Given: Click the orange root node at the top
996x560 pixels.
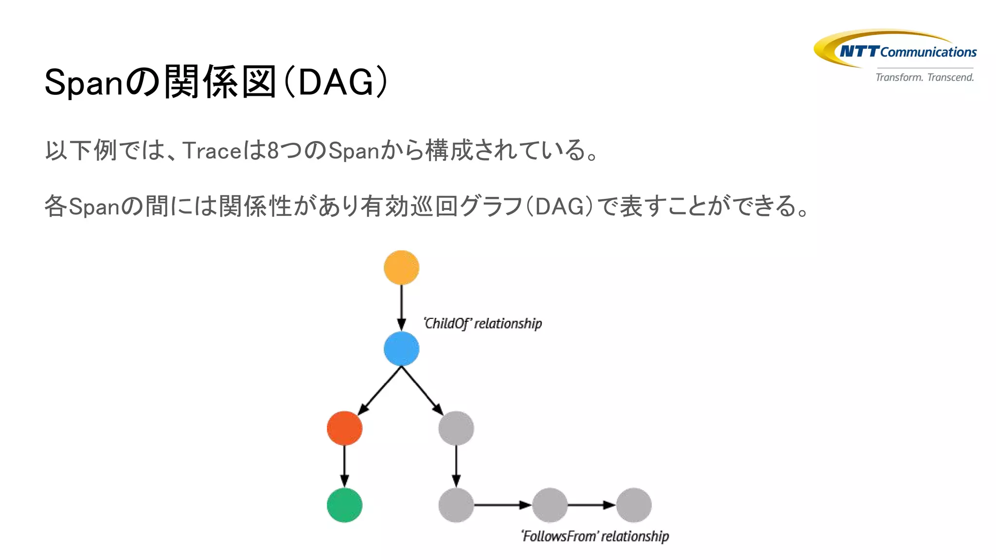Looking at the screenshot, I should click(401, 267).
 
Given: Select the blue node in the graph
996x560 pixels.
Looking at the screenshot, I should click(401, 349).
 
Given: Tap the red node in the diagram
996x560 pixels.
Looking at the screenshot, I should click(344, 428).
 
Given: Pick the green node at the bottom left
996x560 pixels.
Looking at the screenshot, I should click(344, 505).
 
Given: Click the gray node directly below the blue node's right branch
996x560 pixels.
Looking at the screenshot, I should click(456, 428).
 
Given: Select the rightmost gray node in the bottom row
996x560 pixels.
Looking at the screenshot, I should click(634, 505).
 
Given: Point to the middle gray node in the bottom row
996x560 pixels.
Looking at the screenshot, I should click(550, 505).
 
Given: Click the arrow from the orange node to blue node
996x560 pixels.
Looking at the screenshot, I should click(401, 306).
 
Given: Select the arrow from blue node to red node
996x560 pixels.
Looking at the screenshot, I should click(380, 390).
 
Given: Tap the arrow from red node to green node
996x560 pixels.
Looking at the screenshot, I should click(344, 466).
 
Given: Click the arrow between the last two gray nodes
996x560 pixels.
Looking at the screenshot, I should click(591, 505).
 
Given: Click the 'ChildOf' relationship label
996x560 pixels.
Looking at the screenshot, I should click(482, 323).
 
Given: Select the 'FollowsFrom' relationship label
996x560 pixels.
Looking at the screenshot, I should click(595, 536).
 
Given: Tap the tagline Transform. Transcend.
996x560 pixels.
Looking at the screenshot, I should click(925, 77).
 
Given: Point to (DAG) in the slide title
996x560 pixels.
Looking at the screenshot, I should click(336, 83).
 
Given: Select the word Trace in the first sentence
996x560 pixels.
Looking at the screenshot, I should click(212, 150).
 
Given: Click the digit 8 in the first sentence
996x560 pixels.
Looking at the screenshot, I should click(273, 150).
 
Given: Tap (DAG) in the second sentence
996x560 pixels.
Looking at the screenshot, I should click(559, 207).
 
